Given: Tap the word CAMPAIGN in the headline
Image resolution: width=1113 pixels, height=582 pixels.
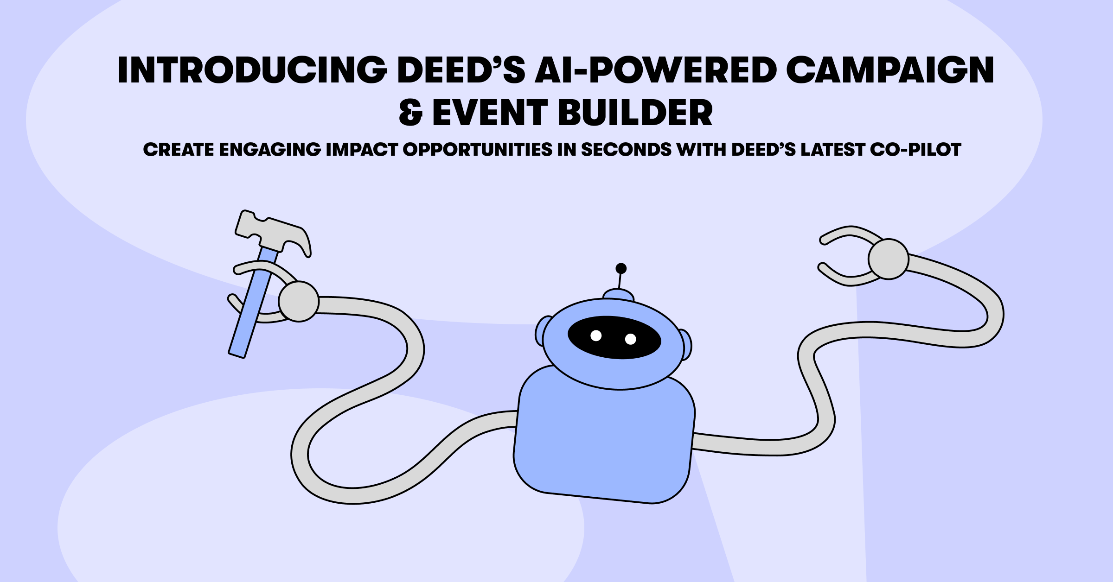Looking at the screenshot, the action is pyautogui.click(x=890, y=70).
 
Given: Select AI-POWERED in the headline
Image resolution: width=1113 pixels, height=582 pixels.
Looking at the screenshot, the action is pyautogui.click(x=656, y=70).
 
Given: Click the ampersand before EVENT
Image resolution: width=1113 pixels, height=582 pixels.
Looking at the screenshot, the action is pyautogui.click(x=410, y=113).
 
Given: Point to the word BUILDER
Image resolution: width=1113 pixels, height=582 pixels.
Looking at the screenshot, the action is pyautogui.click(x=635, y=113).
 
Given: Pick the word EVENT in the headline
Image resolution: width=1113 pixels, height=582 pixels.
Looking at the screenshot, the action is pyautogui.click(x=490, y=113).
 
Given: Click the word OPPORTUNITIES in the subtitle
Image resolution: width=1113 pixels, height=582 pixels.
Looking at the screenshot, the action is pyautogui.click(x=478, y=149).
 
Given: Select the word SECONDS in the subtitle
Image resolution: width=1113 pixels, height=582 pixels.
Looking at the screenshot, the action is pyautogui.click(x=626, y=149).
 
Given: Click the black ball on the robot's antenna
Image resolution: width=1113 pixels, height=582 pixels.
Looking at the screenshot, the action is pyautogui.click(x=621, y=268).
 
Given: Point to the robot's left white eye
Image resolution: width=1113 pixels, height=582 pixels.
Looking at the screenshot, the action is pyautogui.click(x=596, y=335).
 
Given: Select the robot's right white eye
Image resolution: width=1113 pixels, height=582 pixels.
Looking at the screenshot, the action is pyautogui.click(x=631, y=339).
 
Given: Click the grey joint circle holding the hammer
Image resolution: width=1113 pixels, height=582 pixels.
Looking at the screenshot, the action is pyautogui.click(x=299, y=301).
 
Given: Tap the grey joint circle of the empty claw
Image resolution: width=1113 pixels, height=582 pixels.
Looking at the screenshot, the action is pyautogui.click(x=888, y=259).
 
